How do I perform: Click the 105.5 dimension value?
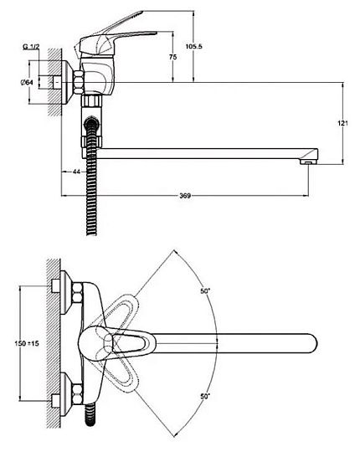click(x=193, y=46)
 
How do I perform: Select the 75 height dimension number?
click(x=172, y=57)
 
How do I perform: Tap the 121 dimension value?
click(x=342, y=123)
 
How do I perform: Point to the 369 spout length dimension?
click(x=185, y=196)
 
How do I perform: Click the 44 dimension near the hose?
click(x=76, y=172)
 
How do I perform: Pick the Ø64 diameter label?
click(x=27, y=82)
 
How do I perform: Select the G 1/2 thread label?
click(x=31, y=47)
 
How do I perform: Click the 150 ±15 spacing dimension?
click(x=27, y=343)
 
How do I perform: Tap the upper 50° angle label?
click(x=205, y=291)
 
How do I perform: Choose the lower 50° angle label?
click(x=204, y=397)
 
